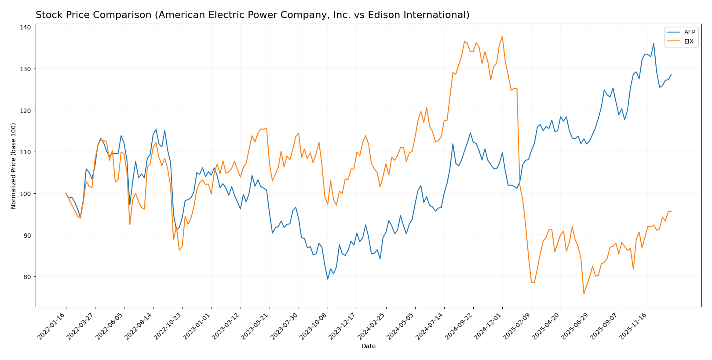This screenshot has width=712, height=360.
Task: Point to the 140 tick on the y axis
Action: tap(25, 27)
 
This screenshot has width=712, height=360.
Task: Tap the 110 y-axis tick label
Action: tap(25, 152)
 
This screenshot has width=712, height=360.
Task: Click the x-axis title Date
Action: tap(369, 346)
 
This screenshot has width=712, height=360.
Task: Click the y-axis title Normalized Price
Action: tap(14, 166)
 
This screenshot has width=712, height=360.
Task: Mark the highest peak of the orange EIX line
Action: tap(502, 36)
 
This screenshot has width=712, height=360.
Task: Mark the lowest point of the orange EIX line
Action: tap(584, 294)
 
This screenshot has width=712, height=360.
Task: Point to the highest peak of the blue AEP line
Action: tap(654, 43)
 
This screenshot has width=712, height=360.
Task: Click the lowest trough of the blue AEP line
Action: tap(328, 279)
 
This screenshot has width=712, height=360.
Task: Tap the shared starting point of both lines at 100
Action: tap(66, 193)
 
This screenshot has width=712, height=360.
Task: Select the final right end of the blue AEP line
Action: tap(671, 74)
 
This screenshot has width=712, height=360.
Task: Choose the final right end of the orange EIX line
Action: tap(671, 211)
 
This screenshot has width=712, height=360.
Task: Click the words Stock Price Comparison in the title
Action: tap(93, 15)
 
